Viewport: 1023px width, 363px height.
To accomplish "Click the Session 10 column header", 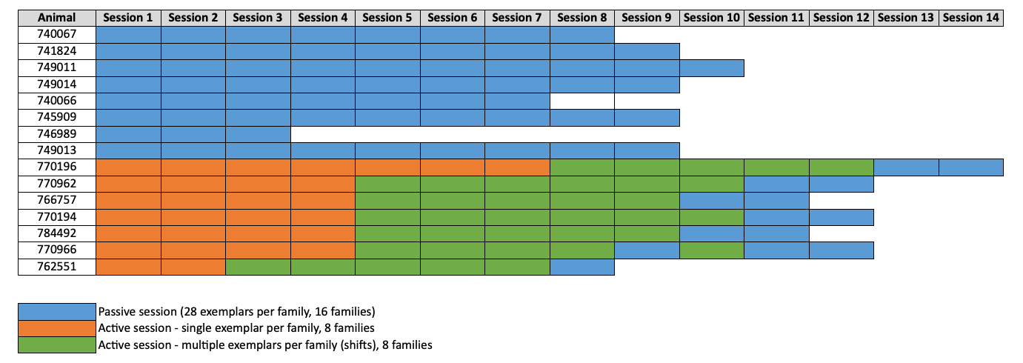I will (x=712, y=18).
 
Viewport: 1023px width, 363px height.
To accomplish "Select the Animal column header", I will (x=57, y=18).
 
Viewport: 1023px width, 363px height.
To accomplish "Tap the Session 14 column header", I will (x=971, y=18).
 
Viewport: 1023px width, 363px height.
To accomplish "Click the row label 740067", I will (x=57, y=34).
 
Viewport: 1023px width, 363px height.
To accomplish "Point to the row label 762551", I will (x=57, y=267).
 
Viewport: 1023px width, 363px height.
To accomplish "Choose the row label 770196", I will (x=57, y=167).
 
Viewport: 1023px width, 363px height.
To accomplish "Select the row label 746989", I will (x=57, y=134).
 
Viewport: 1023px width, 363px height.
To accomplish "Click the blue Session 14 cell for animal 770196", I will (x=971, y=167).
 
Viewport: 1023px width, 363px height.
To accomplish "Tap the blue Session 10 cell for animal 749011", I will (x=712, y=67).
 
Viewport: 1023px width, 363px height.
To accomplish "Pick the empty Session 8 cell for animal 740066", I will (x=582, y=101).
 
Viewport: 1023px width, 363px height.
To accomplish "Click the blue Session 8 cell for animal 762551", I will (x=582, y=267).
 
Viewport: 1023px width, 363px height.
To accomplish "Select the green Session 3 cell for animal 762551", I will (x=258, y=267).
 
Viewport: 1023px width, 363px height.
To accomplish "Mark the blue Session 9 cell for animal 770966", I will (x=647, y=250).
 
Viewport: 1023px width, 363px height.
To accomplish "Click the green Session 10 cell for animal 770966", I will (x=712, y=250).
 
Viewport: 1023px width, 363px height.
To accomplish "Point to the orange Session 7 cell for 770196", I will (x=517, y=167).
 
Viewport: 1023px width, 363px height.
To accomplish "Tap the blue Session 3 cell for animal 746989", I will (x=258, y=134).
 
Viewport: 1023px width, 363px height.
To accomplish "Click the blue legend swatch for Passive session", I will (x=57, y=310).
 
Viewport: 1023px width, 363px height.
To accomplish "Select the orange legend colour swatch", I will (x=57, y=327).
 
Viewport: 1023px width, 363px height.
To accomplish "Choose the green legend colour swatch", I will (x=57, y=344).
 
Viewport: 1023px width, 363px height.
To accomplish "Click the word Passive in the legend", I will (x=115, y=311).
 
